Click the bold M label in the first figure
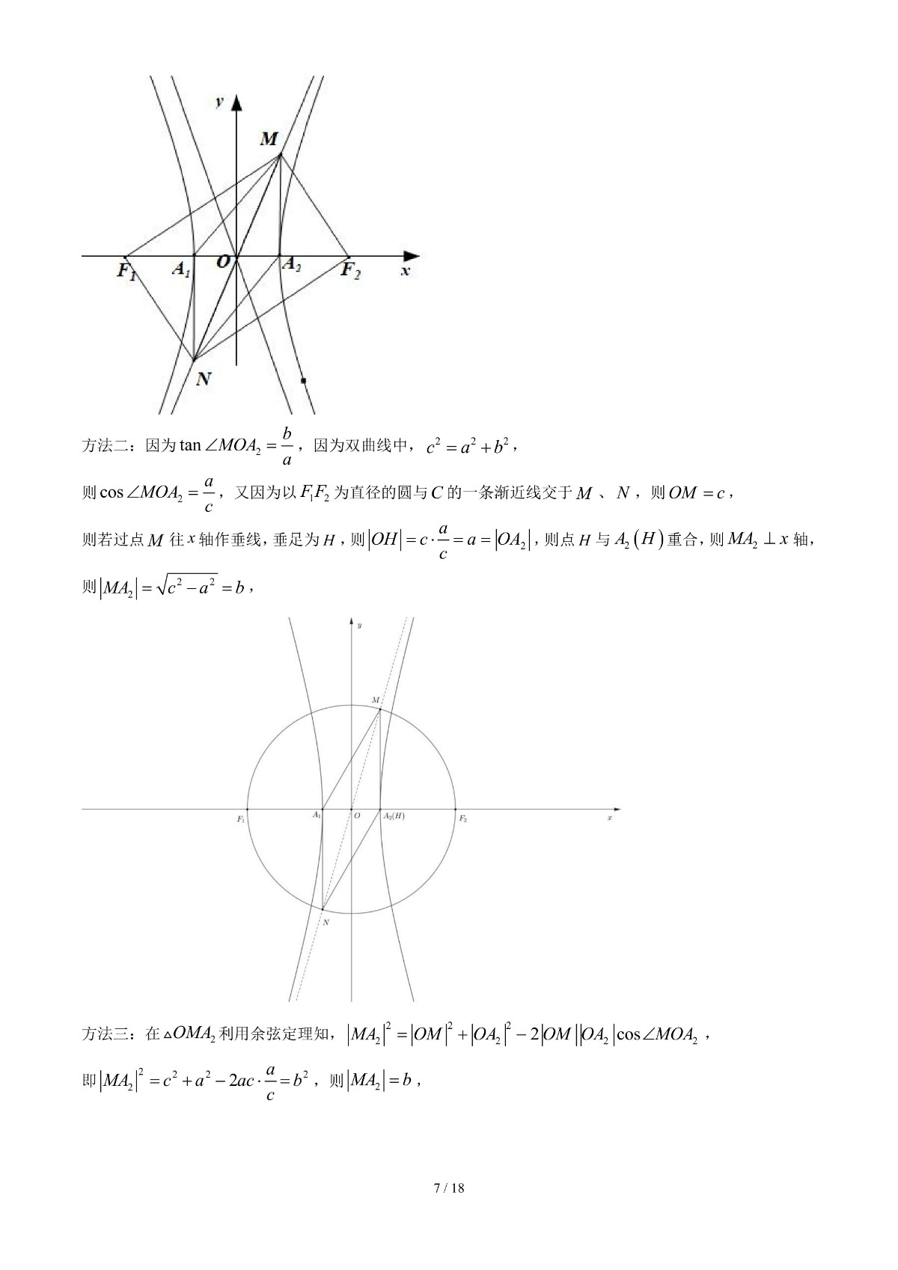pyautogui.click(x=269, y=138)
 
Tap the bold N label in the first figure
pyautogui.click(x=203, y=379)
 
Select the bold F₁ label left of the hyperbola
pyautogui.click(x=126, y=270)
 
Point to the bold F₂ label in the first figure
pyautogui.click(x=350, y=269)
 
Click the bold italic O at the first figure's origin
pyautogui.click(x=223, y=262)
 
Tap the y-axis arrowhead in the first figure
pyautogui.click(x=236, y=103)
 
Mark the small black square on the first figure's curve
pyautogui.click(x=303, y=381)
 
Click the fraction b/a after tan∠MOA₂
pyautogui.click(x=287, y=447)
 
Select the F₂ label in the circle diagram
pyautogui.click(x=463, y=819)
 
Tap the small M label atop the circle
pyautogui.click(x=376, y=700)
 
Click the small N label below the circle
pyautogui.click(x=326, y=923)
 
